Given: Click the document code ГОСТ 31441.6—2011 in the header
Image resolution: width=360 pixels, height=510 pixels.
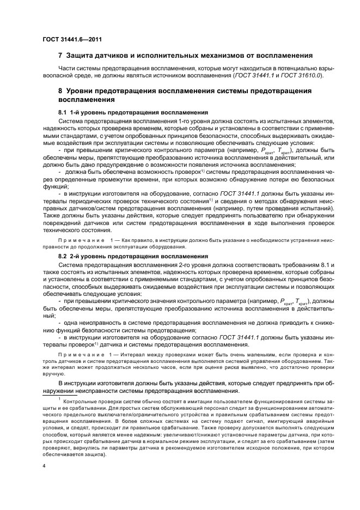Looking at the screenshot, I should pyautogui.click(x=71, y=39).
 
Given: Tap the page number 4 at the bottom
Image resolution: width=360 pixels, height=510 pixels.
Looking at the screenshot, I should pyautogui.click(x=44, y=466).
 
